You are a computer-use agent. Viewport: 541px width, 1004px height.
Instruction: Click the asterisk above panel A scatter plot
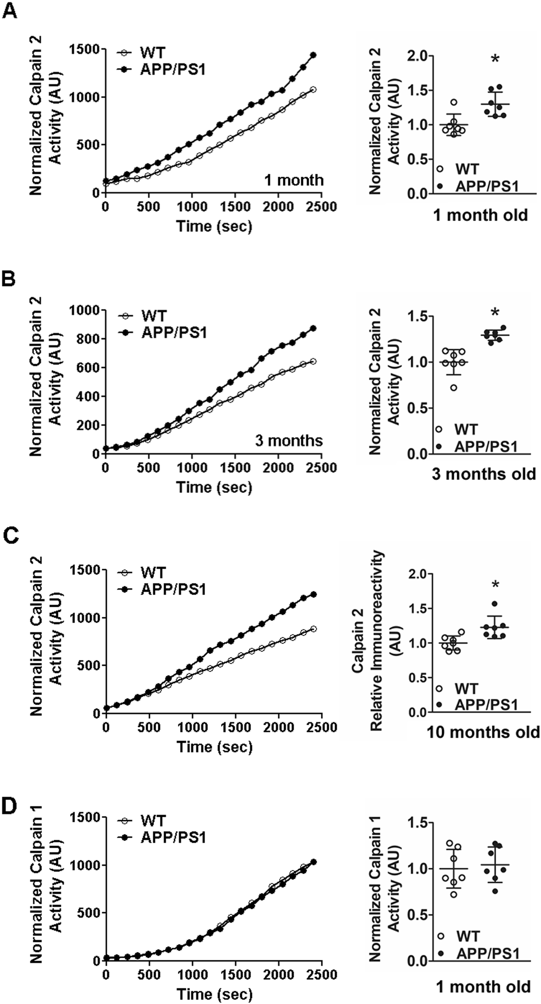point(495,59)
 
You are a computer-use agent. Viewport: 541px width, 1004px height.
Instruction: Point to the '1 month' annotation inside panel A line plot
point(294,180)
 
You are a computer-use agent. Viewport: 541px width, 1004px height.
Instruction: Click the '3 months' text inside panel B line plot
point(289,440)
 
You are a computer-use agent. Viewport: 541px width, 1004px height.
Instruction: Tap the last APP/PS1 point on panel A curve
point(313,55)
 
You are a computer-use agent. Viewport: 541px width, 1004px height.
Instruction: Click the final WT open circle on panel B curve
point(313,361)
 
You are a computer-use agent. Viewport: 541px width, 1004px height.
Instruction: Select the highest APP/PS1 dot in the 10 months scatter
point(494,604)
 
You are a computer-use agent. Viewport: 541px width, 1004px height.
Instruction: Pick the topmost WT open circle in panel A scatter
point(454,102)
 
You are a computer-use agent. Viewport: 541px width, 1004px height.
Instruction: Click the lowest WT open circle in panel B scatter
point(454,387)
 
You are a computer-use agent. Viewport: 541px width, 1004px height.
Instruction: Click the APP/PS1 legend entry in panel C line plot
point(173,589)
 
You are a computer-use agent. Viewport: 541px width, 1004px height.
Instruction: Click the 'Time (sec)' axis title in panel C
point(214,747)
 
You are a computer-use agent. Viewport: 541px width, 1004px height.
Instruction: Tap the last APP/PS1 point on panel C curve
point(313,594)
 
